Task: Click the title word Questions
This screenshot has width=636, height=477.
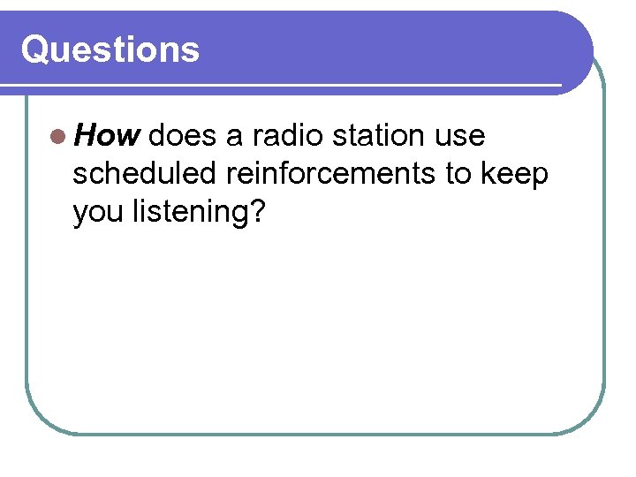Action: (x=110, y=49)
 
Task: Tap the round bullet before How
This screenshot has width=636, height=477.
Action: (x=57, y=136)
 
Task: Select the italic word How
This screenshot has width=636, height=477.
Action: (x=107, y=136)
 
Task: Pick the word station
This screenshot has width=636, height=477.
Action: (x=380, y=136)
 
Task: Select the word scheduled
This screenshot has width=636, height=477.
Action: (x=145, y=175)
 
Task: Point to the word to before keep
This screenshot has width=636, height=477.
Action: (x=460, y=175)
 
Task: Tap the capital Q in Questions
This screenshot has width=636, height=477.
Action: (x=34, y=49)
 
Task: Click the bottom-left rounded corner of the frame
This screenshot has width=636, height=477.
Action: (x=41, y=419)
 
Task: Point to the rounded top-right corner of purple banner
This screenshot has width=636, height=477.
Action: (x=579, y=27)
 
